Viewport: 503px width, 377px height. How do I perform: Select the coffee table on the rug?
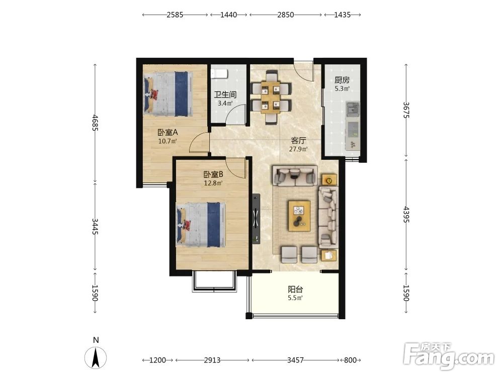299,216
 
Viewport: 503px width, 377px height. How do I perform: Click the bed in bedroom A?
169,93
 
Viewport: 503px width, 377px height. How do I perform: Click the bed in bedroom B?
201,224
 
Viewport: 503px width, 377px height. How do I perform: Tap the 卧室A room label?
167,132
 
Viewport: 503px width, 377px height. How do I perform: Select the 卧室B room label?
213,174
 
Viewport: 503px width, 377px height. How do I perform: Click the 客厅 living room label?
298,140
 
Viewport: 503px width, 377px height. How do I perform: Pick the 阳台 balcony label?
295,290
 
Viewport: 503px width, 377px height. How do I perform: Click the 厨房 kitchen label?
342,80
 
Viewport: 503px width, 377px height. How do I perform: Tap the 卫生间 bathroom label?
225,95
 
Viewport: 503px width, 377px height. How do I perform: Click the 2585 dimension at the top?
175,15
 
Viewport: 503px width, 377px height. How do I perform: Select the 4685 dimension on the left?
95,123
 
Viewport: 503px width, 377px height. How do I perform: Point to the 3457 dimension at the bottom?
295,360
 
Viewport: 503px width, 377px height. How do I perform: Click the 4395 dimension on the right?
406,215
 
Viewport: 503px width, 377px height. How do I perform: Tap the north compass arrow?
96,357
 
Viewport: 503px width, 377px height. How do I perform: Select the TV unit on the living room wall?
256,219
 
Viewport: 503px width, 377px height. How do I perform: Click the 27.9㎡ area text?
298,149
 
